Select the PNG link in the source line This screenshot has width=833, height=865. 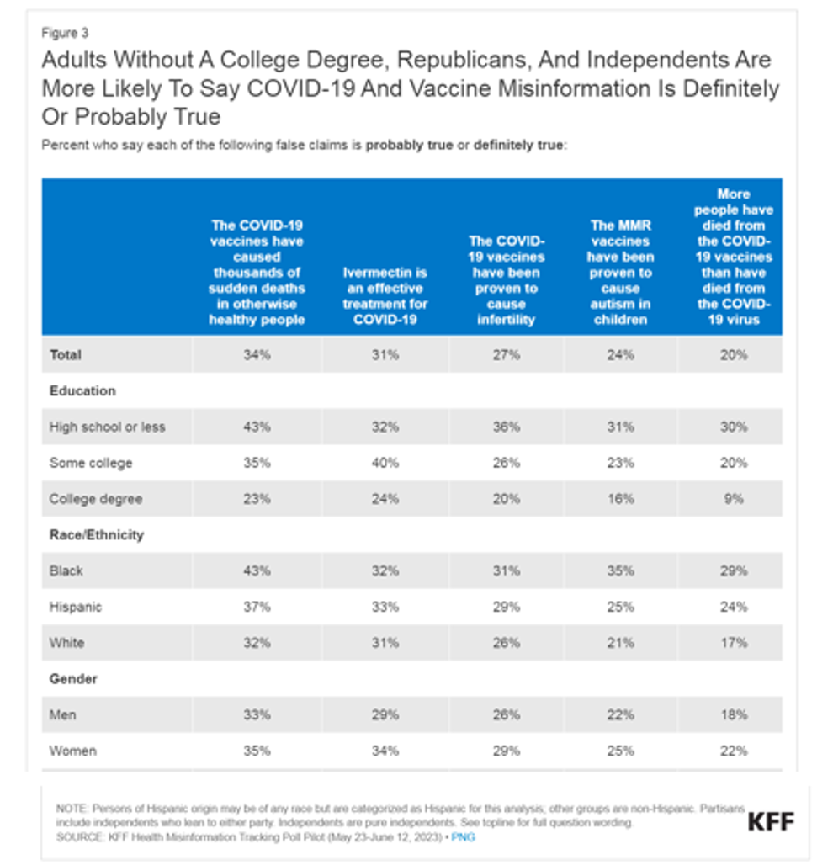[x=463, y=837]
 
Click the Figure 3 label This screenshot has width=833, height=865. [x=65, y=34]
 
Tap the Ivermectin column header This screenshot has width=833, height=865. [x=385, y=296]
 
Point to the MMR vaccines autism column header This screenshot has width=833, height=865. [x=620, y=273]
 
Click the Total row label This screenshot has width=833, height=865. [x=66, y=355]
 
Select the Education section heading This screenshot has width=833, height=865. [x=82, y=391]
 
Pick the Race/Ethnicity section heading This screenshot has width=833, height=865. [x=97, y=535]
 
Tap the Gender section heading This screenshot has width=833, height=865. [x=74, y=679]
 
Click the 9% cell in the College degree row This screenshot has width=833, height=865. [x=733, y=499]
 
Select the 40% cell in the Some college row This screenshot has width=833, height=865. [x=385, y=463]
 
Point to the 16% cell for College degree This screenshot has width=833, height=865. [x=620, y=499]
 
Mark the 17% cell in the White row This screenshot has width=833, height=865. [x=733, y=643]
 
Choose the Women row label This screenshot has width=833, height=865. [x=73, y=751]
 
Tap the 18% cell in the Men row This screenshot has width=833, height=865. [x=733, y=714]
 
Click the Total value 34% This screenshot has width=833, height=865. [x=257, y=355]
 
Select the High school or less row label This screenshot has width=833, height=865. [x=107, y=427]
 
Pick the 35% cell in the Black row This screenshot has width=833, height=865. [x=620, y=570]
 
